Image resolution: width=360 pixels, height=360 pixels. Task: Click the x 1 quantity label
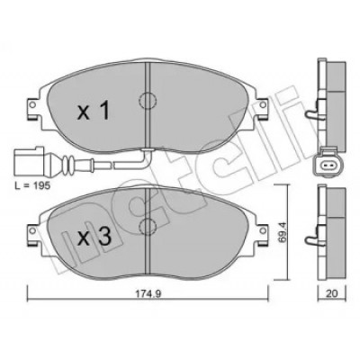(x=94, y=111)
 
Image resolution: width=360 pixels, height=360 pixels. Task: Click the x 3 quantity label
(x=94, y=236)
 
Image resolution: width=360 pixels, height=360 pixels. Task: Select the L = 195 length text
(x=32, y=186)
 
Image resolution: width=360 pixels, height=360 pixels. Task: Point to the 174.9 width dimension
(x=148, y=294)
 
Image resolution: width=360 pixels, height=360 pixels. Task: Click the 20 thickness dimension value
(x=332, y=293)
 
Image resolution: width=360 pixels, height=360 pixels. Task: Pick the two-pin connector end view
(x=326, y=163)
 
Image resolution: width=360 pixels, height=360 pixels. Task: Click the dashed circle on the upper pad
(x=147, y=101)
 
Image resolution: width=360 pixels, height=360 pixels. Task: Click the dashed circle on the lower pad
(x=147, y=227)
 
